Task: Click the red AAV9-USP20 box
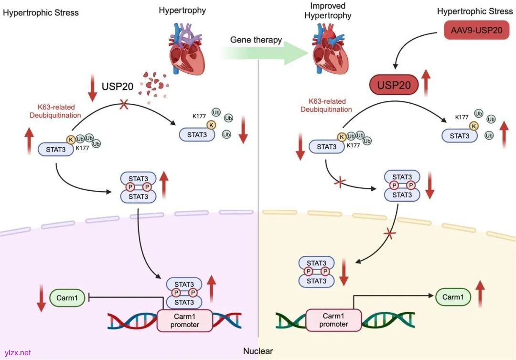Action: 477,30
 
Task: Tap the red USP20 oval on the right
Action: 394,85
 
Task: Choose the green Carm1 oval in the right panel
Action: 453,297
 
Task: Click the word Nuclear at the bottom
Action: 258,351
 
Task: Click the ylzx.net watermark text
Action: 17,353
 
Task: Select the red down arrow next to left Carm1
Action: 42,298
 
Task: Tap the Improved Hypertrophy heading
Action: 328,11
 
